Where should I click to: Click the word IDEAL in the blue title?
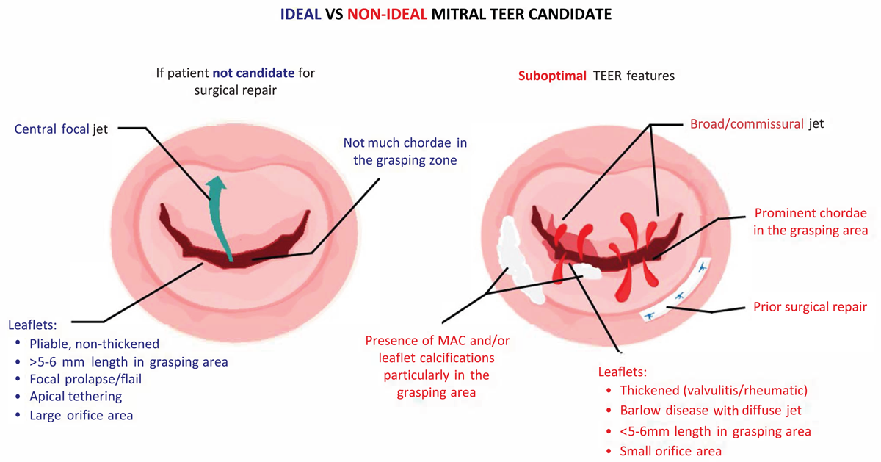pyautogui.click(x=300, y=15)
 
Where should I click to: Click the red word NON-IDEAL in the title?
pyautogui.click(x=387, y=15)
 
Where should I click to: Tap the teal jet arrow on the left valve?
pyautogui.click(x=218, y=217)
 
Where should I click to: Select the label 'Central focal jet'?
pyautogui.click(x=61, y=129)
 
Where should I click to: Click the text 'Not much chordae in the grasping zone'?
pyautogui.click(x=405, y=151)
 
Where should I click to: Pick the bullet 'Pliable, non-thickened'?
pyautogui.click(x=95, y=344)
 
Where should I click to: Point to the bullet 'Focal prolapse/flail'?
pyautogui.click(x=85, y=379)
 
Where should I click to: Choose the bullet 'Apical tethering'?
pyautogui.click(x=76, y=397)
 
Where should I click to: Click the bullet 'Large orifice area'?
pyautogui.click(x=81, y=415)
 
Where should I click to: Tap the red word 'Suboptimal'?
pyautogui.click(x=552, y=76)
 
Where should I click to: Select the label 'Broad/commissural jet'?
pyautogui.click(x=757, y=124)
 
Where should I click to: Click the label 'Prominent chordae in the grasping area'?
pyautogui.click(x=811, y=222)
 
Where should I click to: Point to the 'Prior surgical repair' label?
pyautogui.click(x=811, y=307)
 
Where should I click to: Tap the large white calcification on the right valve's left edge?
pyautogui.click(x=518, y=260)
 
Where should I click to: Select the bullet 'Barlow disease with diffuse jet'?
pyautogui.click(x=711, y=411)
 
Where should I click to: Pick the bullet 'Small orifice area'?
pyautogui.click(x=670, y=451)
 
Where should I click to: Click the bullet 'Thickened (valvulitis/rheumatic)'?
pyautogui.click(x=714, y=390)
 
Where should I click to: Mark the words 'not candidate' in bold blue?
pyautogui.click(x=254, y=73)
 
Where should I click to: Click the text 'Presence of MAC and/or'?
pyautogui.click(x=438, y=340)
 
